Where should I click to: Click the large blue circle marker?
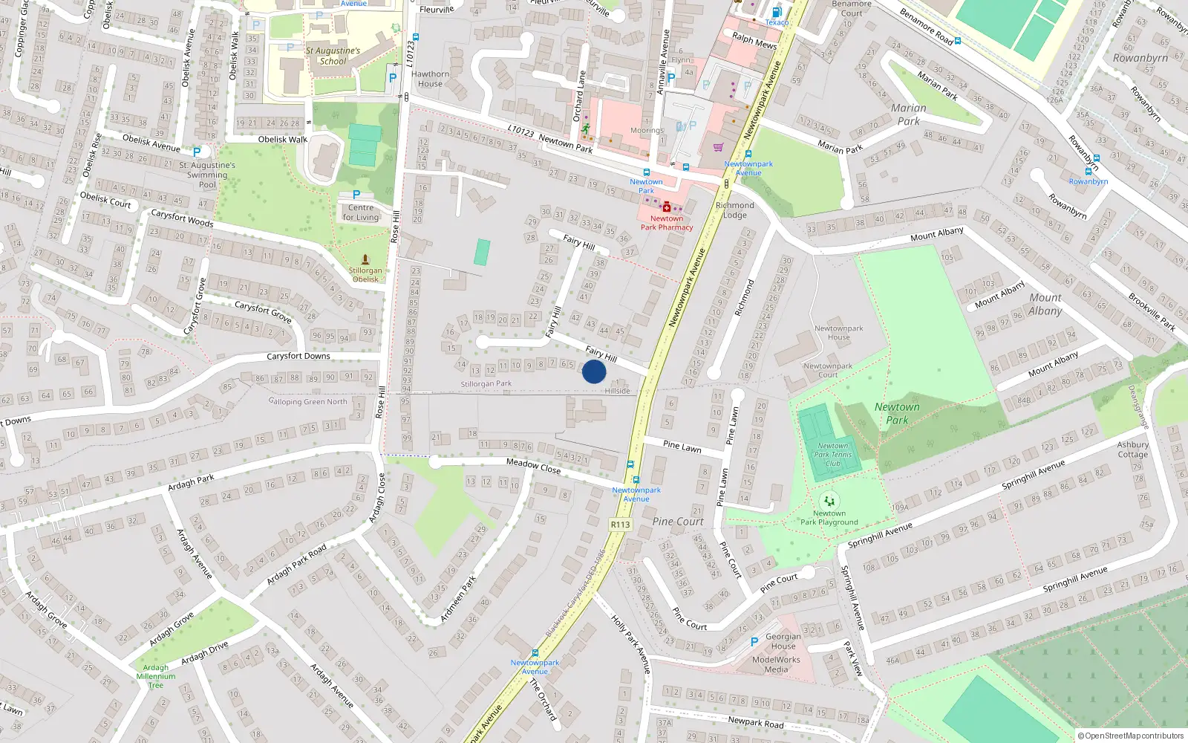coord(594,371)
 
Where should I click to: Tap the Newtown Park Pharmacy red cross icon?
coord(667,207)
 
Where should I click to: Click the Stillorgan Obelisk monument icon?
coord(365,259)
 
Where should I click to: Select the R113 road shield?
coord(620,525)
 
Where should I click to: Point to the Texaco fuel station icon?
coord(777,12)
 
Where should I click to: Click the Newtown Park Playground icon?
coord(829,501)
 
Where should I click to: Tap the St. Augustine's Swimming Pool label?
coord(207,175)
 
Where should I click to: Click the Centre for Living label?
coord(361,212)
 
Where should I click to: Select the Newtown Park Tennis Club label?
coord(832,455)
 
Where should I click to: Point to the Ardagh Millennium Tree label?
coord(156,676)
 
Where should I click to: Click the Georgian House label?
coord(783,641)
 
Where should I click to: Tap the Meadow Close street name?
coord(533,466)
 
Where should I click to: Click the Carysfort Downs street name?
coord(298,356)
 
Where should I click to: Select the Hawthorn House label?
coord(430,79)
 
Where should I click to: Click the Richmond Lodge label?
coord(734,210)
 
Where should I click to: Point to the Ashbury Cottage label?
coord(1132,450)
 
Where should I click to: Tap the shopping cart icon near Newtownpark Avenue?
coord(718,147)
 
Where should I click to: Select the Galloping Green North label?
coord(307,401)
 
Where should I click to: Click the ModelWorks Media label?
coord(776,664)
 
